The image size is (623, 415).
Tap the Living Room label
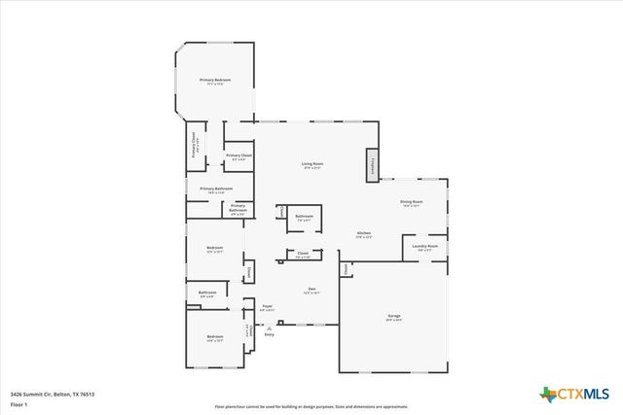(x=311, y=164)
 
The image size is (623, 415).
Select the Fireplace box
(x=372, y=164)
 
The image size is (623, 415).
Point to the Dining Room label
(x=410, y=203)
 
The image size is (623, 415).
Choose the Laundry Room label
(x=425, y=247)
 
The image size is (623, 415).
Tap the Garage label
(x=395, y=317)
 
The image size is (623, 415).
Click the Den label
(x=312, y=290)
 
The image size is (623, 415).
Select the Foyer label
(x=267, y=306)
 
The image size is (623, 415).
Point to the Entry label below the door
(x=269, y=334)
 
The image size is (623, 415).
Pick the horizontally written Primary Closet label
(x=238, y=156)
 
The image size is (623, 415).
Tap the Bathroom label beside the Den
(x=304, y=217)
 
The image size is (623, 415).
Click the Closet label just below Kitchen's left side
(x=303, y=256)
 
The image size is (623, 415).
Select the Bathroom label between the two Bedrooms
(x=207, y=293)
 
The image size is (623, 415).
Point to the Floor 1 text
(x=19, y=402)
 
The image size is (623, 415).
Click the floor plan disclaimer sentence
(x=311, y=407)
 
